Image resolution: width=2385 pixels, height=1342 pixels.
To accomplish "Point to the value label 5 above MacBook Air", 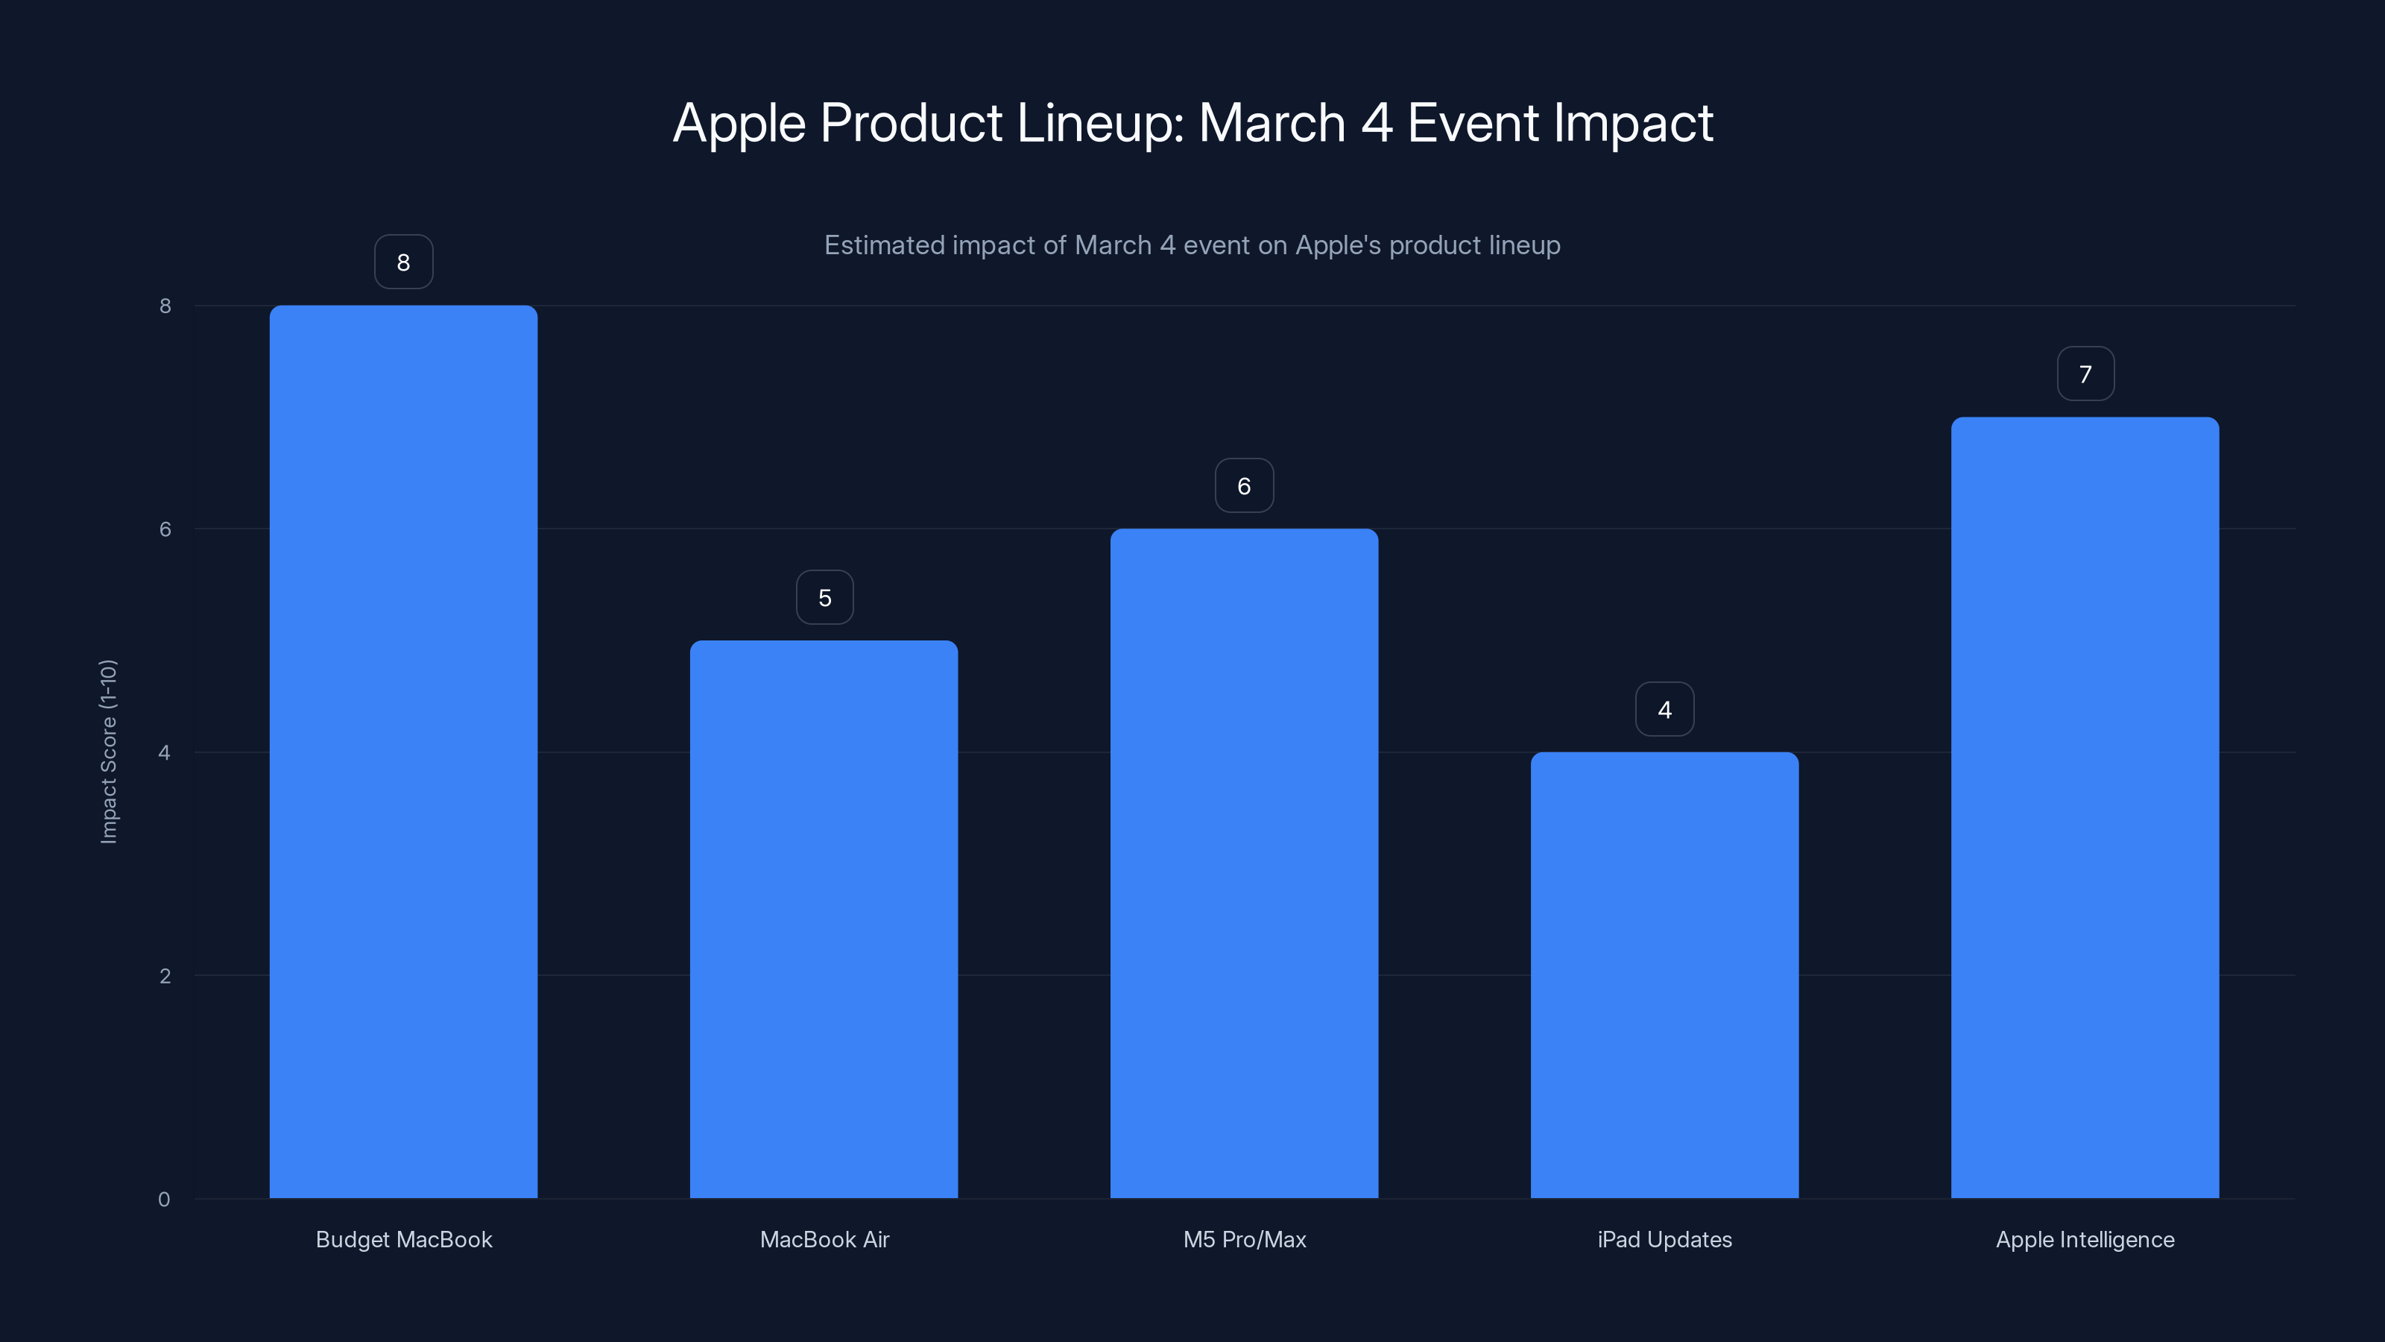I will (x=824, y=597).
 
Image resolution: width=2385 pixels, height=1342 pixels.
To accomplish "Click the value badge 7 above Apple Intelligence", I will (x=2085, y=374).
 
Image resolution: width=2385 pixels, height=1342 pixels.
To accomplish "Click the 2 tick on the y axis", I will (x=165, y=975).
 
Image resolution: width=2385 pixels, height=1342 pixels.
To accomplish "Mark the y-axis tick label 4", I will (x=164, y=752).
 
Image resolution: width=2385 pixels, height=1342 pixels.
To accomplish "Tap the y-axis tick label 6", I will (x=165, y=529).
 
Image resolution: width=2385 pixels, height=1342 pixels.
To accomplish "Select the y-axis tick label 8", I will (x=165, y=306).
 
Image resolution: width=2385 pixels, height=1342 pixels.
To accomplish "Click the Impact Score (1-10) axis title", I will (x=108, y=751).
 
